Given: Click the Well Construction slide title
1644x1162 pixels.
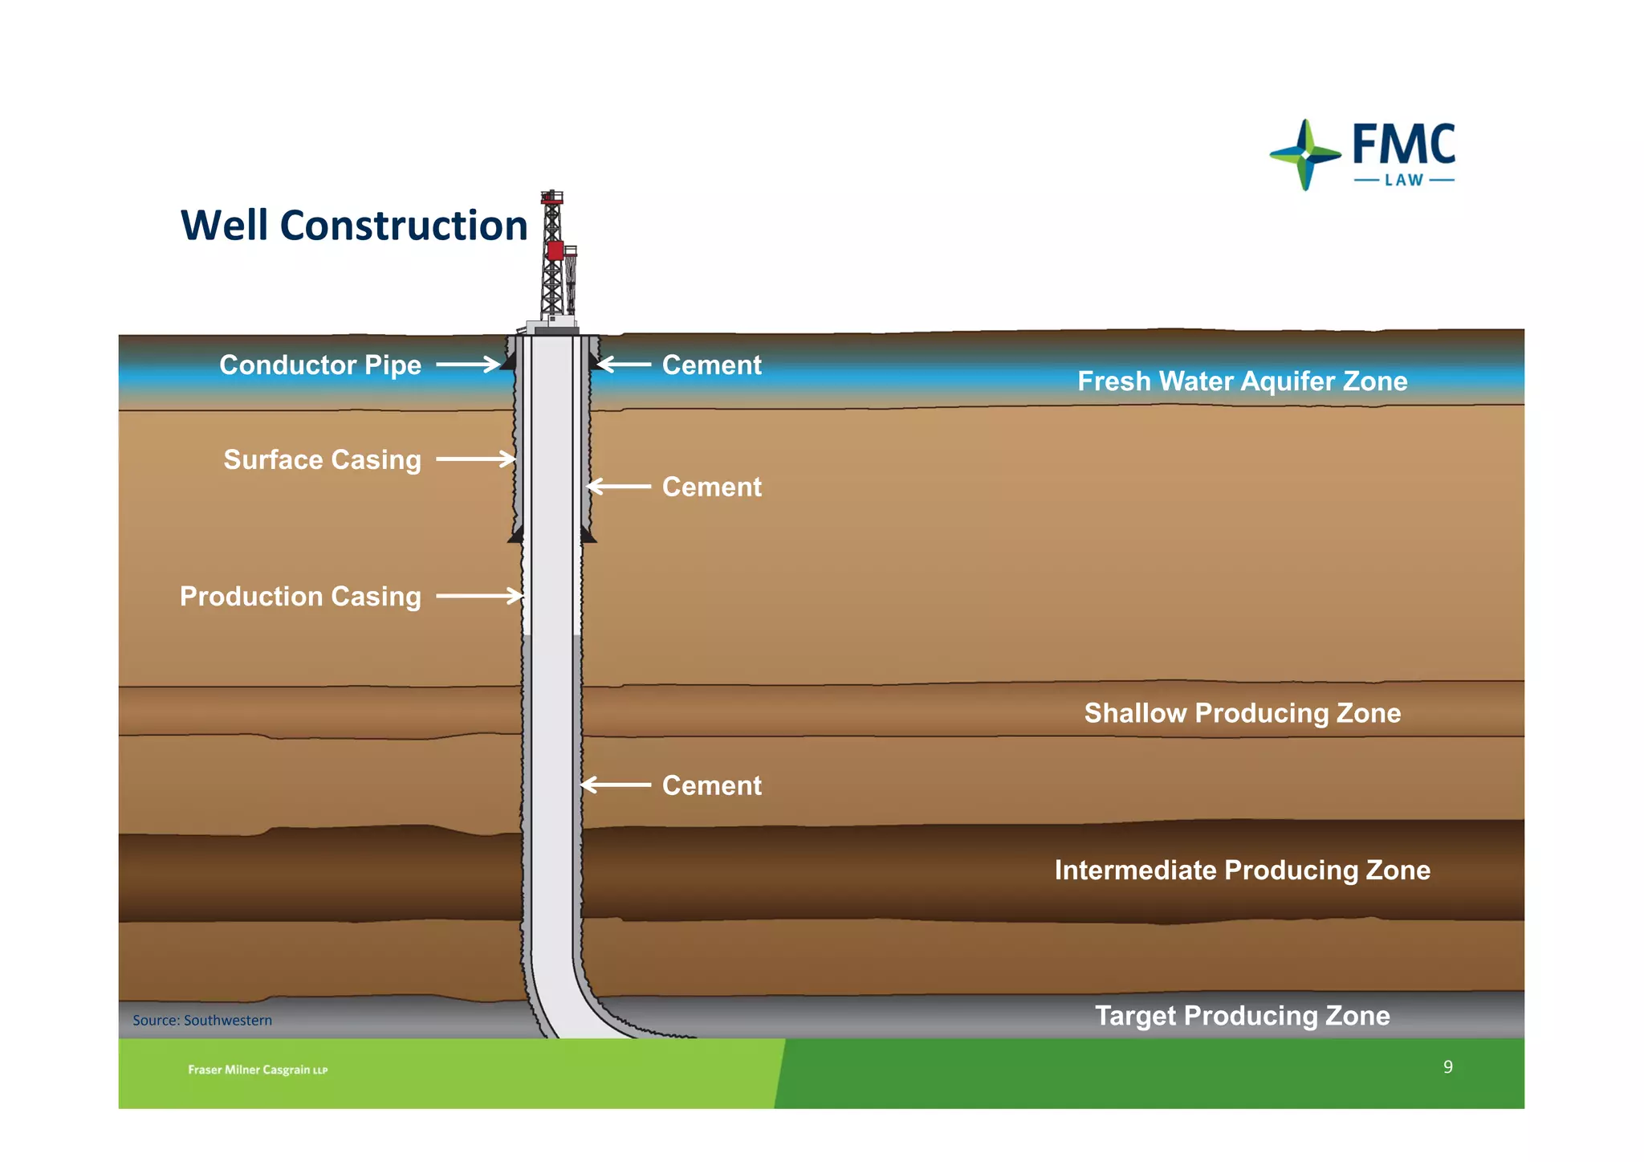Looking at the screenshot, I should pos(354,226).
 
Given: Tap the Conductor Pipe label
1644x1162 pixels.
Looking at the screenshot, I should pos(320,365).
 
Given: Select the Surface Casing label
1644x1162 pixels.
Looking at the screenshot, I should pos(322,460).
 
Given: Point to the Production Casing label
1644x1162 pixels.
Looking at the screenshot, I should pos(300,597).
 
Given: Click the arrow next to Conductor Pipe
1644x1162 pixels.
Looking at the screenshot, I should pos(469,365).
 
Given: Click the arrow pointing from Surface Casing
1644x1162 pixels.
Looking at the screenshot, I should pos(476,459).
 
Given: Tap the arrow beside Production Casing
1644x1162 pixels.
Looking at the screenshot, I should pos(480,596).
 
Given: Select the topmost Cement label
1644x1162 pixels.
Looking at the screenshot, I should pos(711,365).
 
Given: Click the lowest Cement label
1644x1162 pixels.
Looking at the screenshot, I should pos(711,785).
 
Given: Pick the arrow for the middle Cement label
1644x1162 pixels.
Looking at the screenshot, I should pos(618,487).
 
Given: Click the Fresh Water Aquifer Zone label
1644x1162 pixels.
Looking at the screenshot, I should pos(1242,381).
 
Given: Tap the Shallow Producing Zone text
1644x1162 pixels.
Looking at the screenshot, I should pos(1242,713).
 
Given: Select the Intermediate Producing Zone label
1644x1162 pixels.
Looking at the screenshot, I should pos(1242,870).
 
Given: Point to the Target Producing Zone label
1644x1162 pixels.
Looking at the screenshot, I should pos(1242,1016).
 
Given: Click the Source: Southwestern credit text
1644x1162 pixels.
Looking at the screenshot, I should pos(202,1021).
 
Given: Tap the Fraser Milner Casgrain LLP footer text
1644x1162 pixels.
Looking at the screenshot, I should pos(258,1070).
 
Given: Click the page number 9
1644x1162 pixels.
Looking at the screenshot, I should pos(1447,1067).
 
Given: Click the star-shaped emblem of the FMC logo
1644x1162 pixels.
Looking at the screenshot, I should pos(1306,154).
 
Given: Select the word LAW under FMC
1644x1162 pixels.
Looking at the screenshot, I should pos(1404,181).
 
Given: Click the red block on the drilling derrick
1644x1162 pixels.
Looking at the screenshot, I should pos(555,250).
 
